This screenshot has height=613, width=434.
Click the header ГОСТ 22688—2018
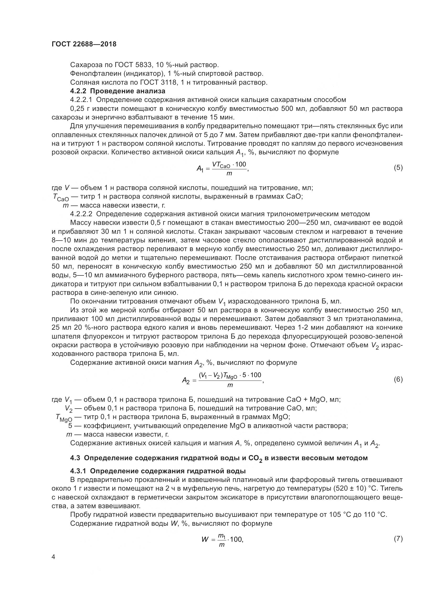(x=84, y=44)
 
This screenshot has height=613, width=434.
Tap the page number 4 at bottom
(x=53, y=557)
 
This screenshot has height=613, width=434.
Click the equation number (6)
(x=398, y=379)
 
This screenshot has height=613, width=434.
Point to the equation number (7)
(x=398, y=539)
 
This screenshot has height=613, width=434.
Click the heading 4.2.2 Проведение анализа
(x=118, y=91)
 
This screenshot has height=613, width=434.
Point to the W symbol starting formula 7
(x=205, y=540)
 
